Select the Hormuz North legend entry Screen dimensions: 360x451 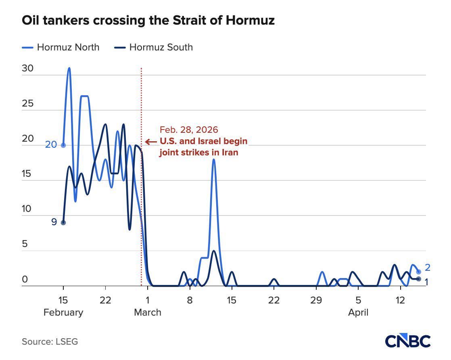(x=61, y=47)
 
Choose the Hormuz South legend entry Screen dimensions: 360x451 (x=153, y=47)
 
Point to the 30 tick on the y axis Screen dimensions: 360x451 (x=27, y=69)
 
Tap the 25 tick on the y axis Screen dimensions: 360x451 (x=27, y=104)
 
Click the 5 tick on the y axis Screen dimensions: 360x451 (x=25, y=244)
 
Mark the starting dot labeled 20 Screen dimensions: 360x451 (x=63, y=145)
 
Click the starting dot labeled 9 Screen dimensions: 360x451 (x=63, y=222)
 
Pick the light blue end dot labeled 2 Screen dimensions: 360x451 (x=419, y=272)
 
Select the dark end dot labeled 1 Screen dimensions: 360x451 (x=419, y=279)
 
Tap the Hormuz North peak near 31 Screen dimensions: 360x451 (x=69, y=68)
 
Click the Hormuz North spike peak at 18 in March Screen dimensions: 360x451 (x=214, y=159)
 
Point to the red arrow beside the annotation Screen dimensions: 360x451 (x=151, y=142)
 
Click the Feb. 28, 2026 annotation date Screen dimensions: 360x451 (x=189, y=130)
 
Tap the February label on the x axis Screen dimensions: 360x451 (x=63, y=312)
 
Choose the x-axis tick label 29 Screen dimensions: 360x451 (x=316, y=300)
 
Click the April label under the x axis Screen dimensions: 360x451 (x=358, y=312)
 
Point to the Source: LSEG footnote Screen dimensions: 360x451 (x=50, y=342)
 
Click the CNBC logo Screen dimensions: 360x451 (x=407, y=341)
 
